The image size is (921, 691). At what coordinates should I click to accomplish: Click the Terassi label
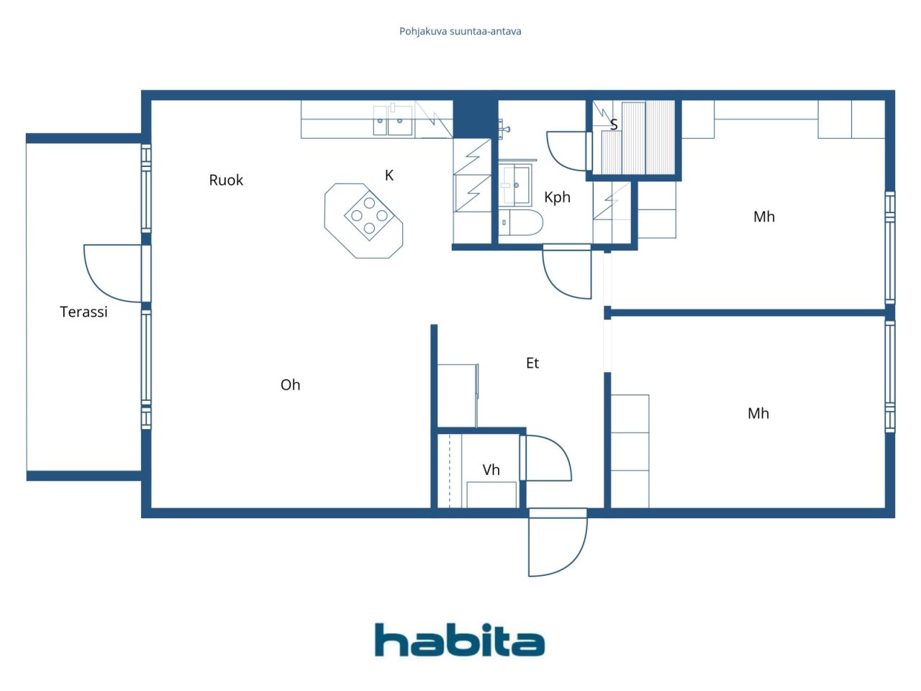coord(83,312)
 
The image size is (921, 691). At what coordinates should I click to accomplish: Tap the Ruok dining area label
coord(226,180)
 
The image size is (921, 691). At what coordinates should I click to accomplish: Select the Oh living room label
coord(290,385)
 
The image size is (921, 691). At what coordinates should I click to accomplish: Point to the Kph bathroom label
coord(557,197)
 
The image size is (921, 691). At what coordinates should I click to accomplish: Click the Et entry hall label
coord(532,363)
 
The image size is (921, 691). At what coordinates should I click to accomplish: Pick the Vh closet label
coord(491,470)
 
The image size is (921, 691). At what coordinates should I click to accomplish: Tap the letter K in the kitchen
coord(389,175)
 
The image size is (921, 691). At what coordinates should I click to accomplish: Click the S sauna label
coord(614,125)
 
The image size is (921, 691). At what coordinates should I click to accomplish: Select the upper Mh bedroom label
coord(764,217)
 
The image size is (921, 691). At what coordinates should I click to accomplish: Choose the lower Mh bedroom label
coord(758,413)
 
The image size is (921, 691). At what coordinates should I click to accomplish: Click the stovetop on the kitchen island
coord(369,215)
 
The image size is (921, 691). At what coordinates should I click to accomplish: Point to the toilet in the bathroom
coord(520,223)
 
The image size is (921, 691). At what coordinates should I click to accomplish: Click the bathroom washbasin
coord(515,185)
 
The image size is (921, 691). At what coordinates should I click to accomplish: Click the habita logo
coord(460,640)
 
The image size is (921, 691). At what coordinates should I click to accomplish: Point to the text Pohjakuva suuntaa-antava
coord(460,31)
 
